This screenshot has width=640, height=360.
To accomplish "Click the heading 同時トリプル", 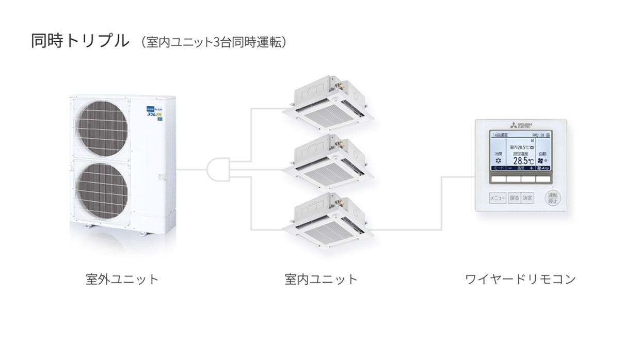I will pyautogui.click(x=80, y=41).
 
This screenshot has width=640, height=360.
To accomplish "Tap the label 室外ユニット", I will pyautogui.click(x=122, y=280).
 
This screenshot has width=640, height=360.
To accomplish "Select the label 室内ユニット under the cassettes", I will pyautogui.click(x=321, y=280).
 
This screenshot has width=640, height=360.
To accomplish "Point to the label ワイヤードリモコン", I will pyautogui.click(x=520, y=280).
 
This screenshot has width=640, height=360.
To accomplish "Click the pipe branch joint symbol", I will pyautogui.click(x=218, y=169).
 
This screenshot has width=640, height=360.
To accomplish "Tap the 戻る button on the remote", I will pyautogui.click(x=514, y=198).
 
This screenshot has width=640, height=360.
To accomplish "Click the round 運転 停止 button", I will pyautogui.click(x=552, y=198).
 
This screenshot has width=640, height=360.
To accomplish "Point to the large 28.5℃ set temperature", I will pyautogui.click(x=523, y=160).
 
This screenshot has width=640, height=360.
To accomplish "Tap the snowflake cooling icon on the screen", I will pyautogui.click(x=498, y=161).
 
